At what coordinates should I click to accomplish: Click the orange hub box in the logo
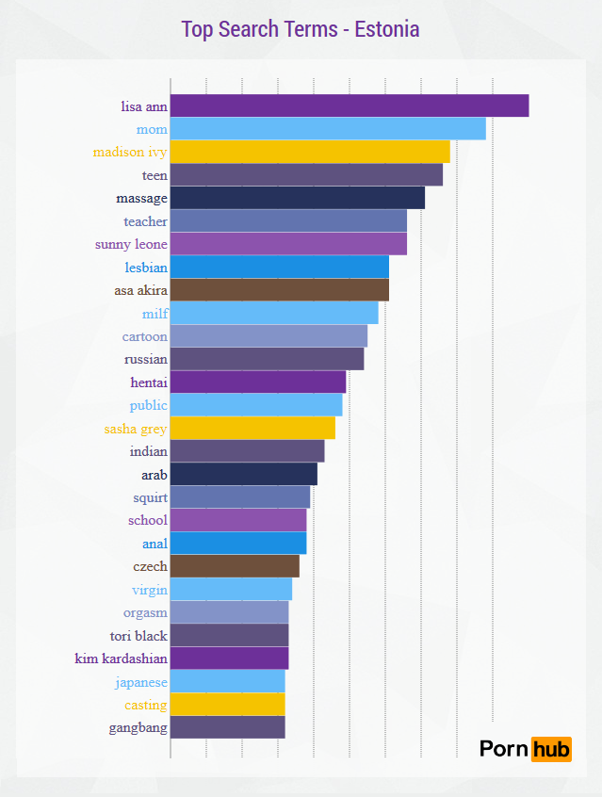(x=551, y=749)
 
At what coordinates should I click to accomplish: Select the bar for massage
(x=298, y=198)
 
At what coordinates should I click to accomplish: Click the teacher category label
(x=145, y=221)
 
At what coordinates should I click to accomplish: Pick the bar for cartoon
(x=268, y=336)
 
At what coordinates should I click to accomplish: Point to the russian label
(x=145, y=359)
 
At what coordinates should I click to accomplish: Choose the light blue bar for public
(x=256, y=405)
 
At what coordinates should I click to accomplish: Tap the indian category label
(x=148, y=451)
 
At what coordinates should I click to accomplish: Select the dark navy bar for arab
(x=244, y=474)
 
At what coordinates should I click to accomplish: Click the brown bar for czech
(x=235, y=566)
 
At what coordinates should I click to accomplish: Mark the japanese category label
(x=141, y=681)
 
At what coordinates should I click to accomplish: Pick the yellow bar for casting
(x=227, y=705)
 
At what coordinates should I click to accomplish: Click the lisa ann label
(x=144, y=106)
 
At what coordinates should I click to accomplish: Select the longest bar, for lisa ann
(x=350, y=106)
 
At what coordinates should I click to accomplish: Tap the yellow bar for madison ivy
(x=310, y=152)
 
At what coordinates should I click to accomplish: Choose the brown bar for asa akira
(x=280, y=290)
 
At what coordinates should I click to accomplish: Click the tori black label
(x=138, y=635)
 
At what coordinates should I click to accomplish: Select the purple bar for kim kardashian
(x=229, y=659)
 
